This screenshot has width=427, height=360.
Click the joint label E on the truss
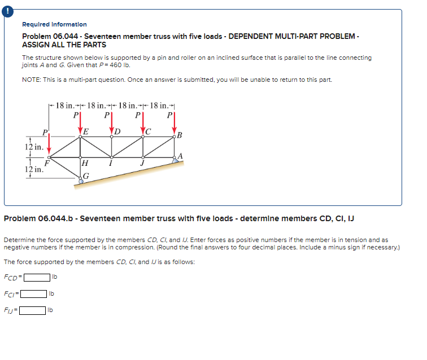(x=86, y=132)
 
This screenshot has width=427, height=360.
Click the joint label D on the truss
(x=117, y=132)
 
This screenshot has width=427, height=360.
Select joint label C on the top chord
(x=149, y=132)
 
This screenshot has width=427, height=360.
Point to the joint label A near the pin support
(x=180, y=155)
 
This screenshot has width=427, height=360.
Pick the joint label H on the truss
(x=85, y=164)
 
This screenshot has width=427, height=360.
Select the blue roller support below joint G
(x=81, y=181)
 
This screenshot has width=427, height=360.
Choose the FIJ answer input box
(x=33, y=310)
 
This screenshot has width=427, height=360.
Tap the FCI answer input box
(x=33, y=293)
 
